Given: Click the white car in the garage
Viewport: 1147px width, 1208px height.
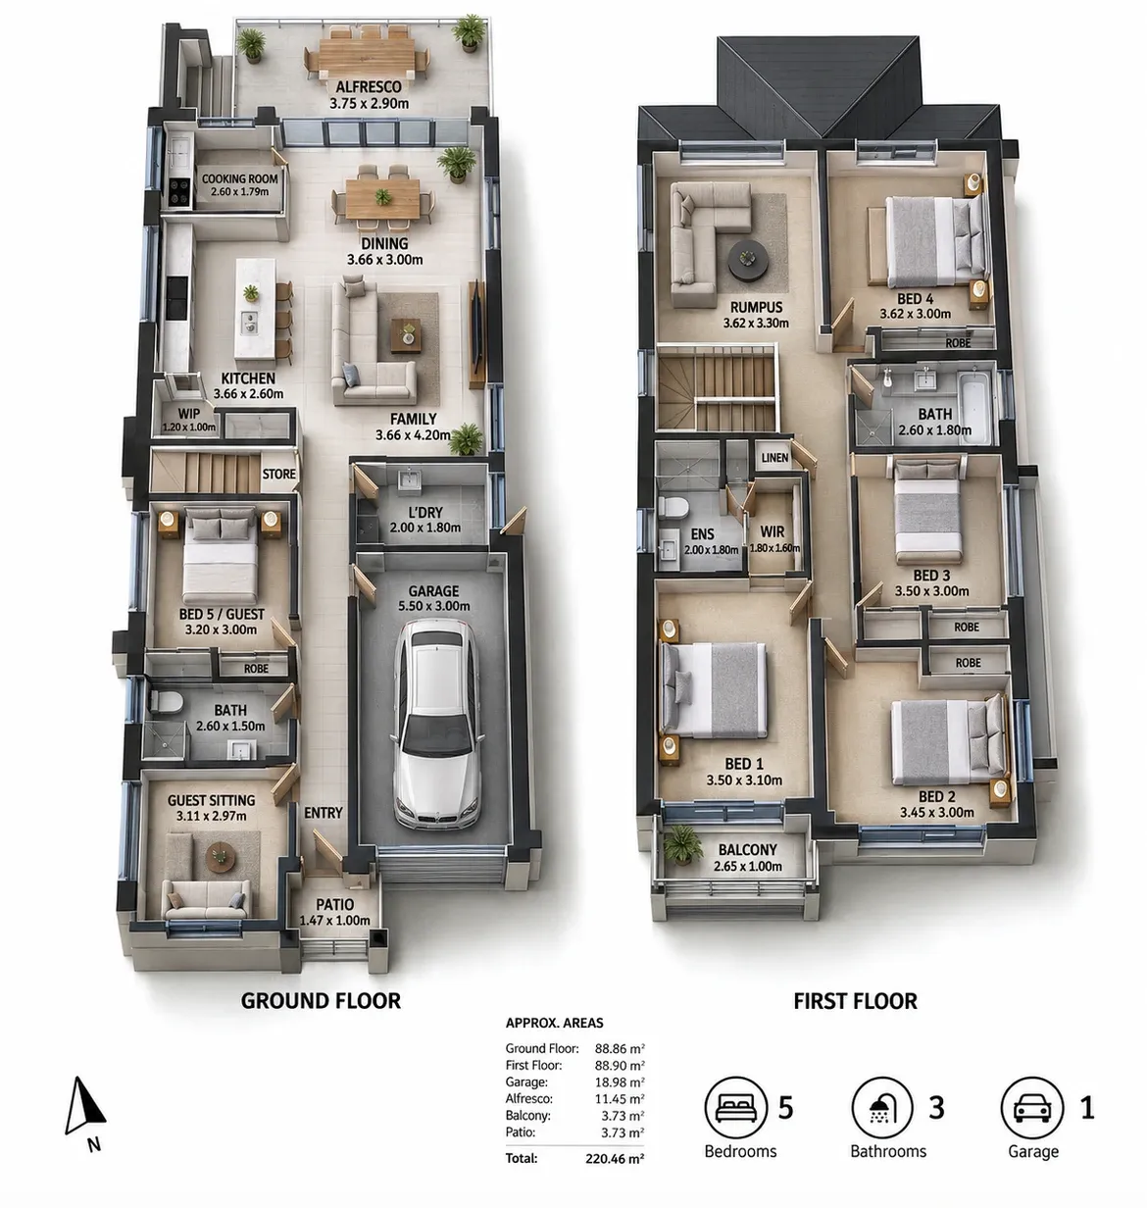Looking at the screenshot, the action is tap(437, 724).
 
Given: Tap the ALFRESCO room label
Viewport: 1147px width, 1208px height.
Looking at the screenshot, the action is tap(369, 86).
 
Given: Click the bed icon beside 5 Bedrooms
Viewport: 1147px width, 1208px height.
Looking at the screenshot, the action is tap(735, 1107).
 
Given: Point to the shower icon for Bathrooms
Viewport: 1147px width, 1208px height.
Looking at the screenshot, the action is tap(883, 1107).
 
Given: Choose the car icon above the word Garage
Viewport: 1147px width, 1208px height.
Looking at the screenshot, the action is tap(1032, 1107).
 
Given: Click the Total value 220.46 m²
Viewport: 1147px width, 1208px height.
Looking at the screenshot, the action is tap(615, 1159).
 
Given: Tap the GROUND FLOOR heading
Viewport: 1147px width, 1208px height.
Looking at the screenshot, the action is tap(321, 1001).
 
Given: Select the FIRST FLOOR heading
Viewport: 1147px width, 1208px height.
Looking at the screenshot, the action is tap(855, 1001).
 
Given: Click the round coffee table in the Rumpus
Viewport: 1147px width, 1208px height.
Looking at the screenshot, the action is tap(747, 260).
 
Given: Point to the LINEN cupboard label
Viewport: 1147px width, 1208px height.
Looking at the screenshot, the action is tap(774, 458).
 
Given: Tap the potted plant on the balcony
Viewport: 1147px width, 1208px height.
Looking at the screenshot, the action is tap(682, 844).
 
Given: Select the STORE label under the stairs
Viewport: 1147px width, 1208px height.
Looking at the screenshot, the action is tap(279, 475).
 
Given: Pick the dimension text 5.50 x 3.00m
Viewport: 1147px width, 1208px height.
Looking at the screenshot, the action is tap(433, 607).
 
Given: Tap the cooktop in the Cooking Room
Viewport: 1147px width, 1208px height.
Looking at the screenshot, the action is tap(179, 191).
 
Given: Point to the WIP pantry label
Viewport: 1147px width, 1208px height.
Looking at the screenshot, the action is tap(188, 414).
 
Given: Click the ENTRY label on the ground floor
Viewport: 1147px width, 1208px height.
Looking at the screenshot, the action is tap(324, 813).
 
